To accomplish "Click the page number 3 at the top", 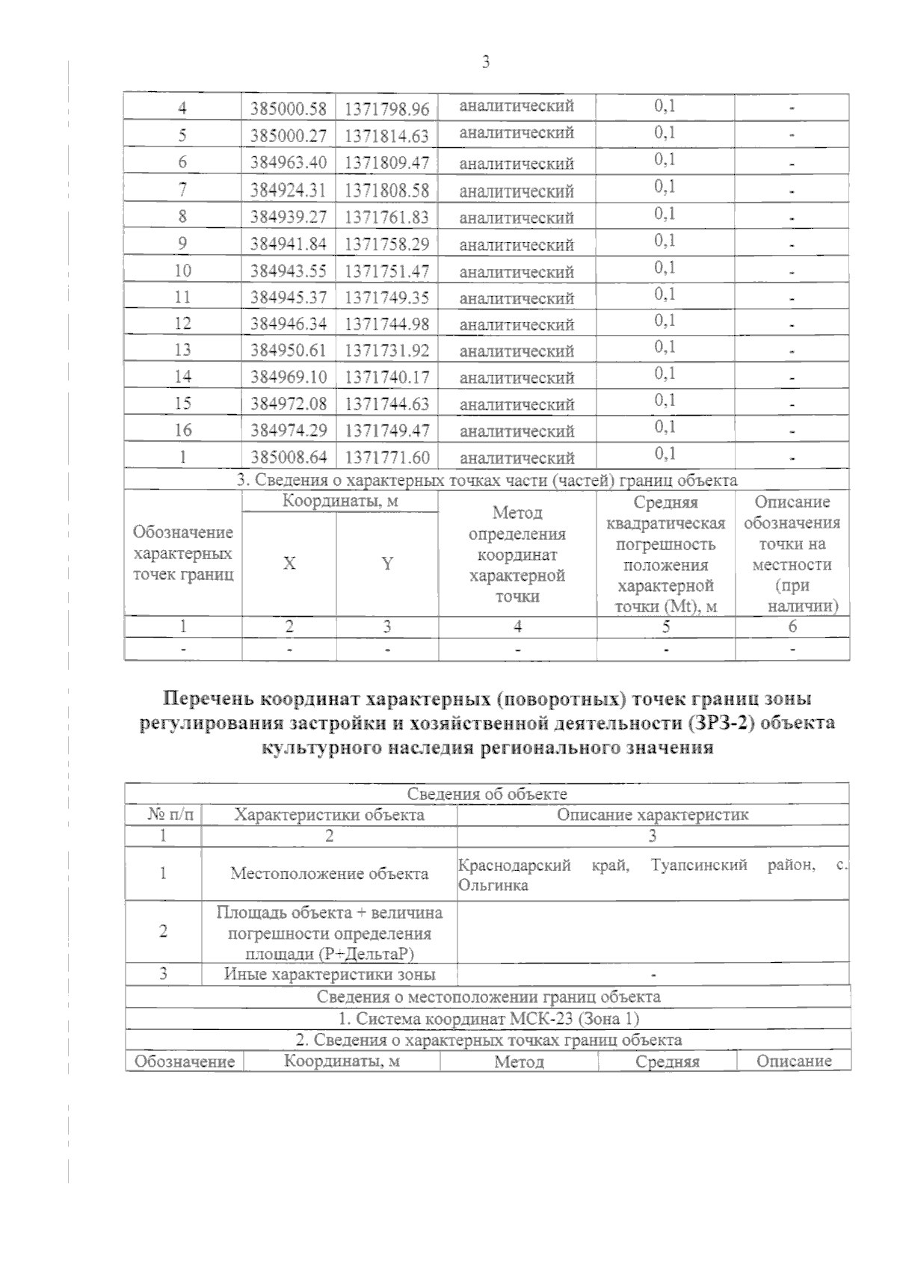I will (486, 63).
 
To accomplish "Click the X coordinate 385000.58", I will (289, 109).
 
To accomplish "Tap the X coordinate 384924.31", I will (289, 190).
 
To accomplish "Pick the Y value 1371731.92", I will (386, 350).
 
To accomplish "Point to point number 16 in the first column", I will (182, 430).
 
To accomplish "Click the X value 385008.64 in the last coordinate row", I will (289, 457).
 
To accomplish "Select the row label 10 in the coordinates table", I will (182, 270).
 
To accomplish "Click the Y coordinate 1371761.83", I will (386, 217).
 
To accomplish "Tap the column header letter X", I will (289, 564).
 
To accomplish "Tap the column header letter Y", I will (386, 564).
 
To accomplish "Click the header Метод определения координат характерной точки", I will (517, 554).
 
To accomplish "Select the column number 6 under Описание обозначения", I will (792, 626).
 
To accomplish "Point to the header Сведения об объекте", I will (487, 794).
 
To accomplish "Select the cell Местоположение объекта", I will (329, 873).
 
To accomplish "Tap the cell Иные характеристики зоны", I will (329, 974).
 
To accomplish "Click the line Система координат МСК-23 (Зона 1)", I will (487, 1018).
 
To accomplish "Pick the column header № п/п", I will (163, 815).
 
